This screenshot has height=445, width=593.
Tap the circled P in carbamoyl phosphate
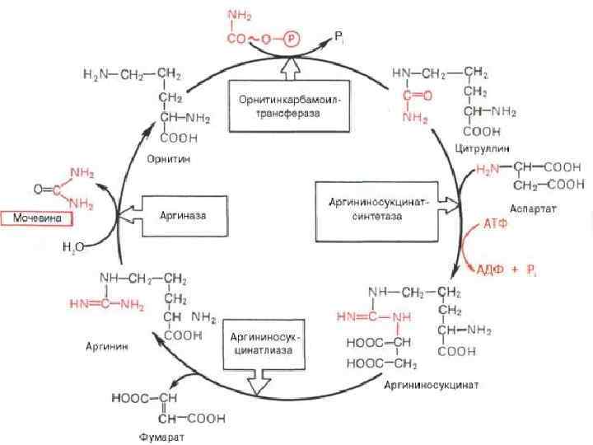point(294,39)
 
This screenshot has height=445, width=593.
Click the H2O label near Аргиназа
point(73,246)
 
